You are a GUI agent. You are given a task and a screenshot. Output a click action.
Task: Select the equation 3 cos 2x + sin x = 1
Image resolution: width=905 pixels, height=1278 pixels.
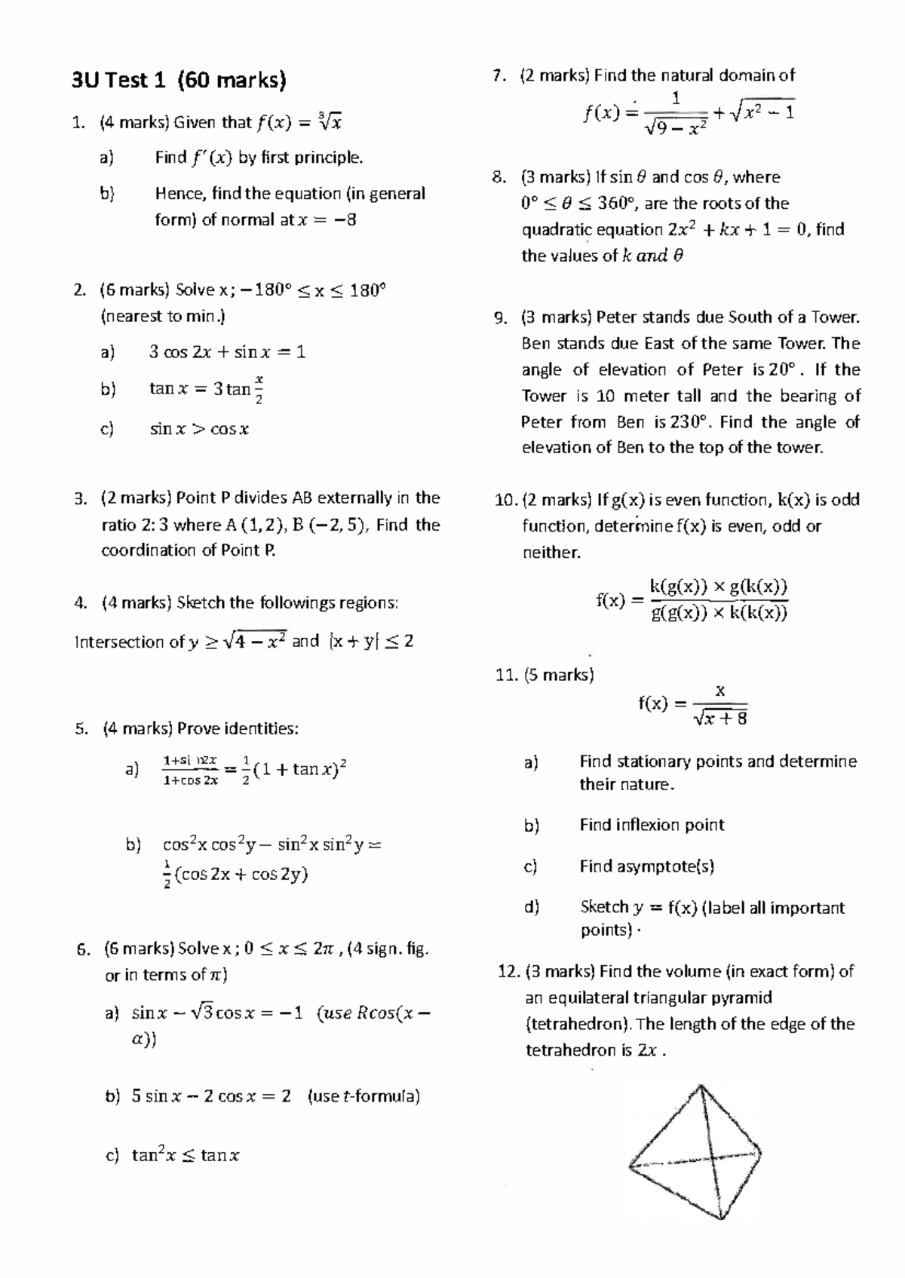tap(227, 352)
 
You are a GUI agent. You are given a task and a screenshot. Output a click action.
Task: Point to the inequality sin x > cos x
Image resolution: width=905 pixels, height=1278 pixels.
tap(199, 430)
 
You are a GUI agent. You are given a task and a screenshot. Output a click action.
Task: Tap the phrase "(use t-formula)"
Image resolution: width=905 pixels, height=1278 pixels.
tap(364, 1096)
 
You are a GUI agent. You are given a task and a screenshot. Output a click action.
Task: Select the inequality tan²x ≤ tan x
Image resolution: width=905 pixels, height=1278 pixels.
tap(186, 1155)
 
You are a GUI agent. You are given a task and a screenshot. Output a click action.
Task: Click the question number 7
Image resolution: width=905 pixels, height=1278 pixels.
tap(496, 75)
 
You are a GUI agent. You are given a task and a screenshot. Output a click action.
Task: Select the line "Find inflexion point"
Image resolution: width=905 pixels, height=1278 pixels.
tap(652, 825)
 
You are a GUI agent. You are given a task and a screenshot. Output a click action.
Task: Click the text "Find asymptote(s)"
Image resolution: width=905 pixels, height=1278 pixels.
tap(646, 866)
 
